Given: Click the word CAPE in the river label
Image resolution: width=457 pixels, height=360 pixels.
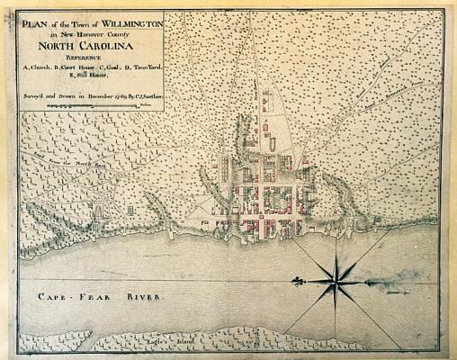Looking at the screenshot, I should pos(45,296).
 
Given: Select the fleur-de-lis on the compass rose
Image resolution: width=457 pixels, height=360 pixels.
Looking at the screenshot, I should pos(295,283).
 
